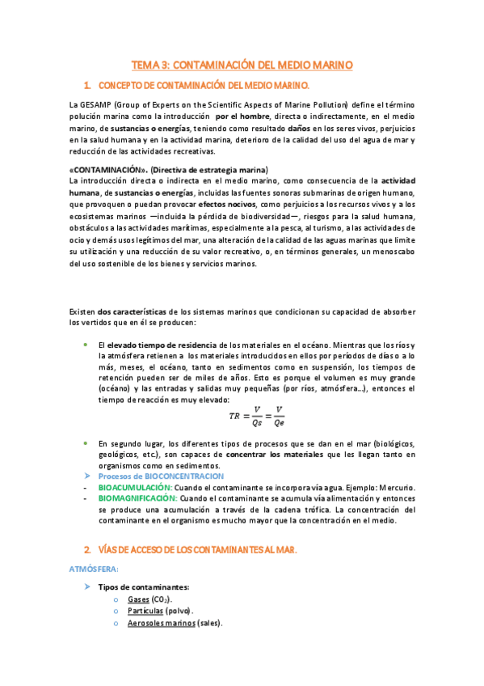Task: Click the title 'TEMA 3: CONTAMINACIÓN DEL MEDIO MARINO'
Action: click(242, 64)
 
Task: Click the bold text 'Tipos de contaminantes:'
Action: click(144, 586)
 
